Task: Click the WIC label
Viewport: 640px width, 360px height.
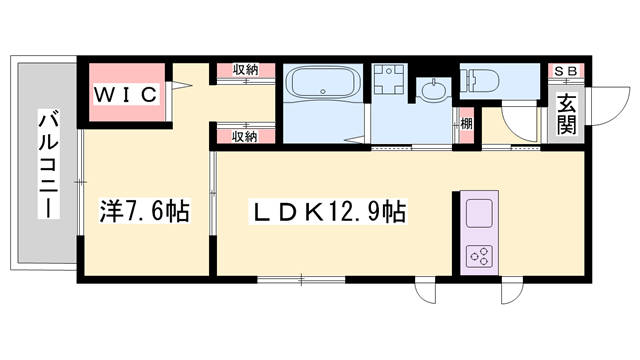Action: pyautogui.click(x=126, y=94)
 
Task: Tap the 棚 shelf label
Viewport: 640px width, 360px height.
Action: pyautogui.click(x=466, y=125)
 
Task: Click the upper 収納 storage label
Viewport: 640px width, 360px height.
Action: pyautogui.click(x=246, y=69)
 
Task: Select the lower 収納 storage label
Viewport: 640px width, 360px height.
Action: pyautogui.click(x=246, y=136)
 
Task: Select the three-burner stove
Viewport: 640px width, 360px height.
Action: pyautogui.click(x=479, y=254)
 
